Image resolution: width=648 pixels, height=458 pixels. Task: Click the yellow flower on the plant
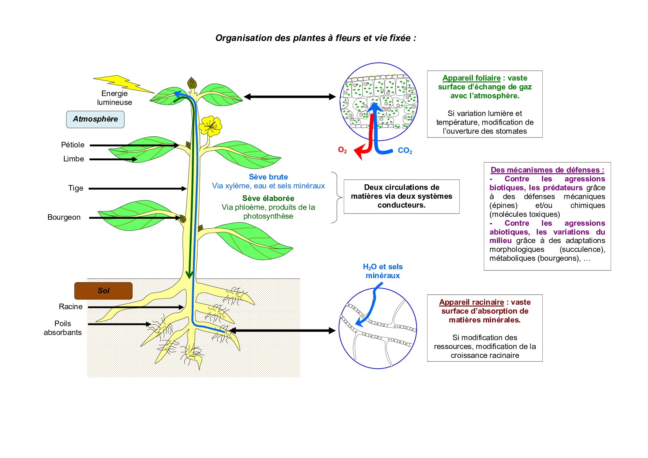(210, 126)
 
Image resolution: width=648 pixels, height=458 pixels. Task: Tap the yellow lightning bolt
(123, 83)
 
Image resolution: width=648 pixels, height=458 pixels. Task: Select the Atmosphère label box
(95, 119)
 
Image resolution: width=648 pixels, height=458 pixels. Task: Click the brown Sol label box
(103, 291)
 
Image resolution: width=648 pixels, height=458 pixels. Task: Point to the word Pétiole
(73, 145)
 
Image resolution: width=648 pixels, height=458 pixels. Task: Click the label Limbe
(74, 159)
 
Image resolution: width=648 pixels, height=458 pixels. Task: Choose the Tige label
(76, 188)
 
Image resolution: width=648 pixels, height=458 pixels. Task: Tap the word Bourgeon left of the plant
(64, 217)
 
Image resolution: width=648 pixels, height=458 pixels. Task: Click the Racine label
(71, 307)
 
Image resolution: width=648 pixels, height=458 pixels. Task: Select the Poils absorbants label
(63, 328)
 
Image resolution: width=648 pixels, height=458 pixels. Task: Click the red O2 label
(342, 150)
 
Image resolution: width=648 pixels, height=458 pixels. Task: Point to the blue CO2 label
(405, 151)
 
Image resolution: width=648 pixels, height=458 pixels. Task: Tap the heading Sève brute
(268, 177)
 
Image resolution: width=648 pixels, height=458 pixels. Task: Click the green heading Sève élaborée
(268, 198)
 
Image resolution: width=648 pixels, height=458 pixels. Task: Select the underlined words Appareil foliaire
(471, 78)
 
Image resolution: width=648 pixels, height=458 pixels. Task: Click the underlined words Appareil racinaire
(471, 302)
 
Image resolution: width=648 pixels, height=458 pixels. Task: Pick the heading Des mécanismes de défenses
(547, 170)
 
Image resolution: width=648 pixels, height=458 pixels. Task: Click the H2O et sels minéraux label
(383, 271)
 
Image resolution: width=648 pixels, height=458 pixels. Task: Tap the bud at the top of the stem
(192, 83)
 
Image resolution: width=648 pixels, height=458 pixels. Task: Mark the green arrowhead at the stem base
(190, 275)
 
